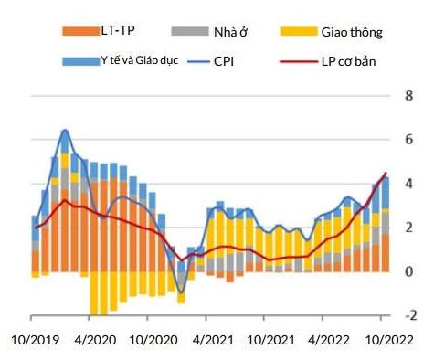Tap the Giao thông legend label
click(x=352, y=33)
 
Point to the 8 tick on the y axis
click(x=409, y=96)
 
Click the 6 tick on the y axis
click(x=409, y=140)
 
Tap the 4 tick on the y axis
click(x=409, y=184)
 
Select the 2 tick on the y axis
click(x=409, y=228)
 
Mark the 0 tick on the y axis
click(x=409, y=271)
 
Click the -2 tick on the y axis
click(x=408, y=315)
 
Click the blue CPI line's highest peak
click(x=65, y=131)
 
